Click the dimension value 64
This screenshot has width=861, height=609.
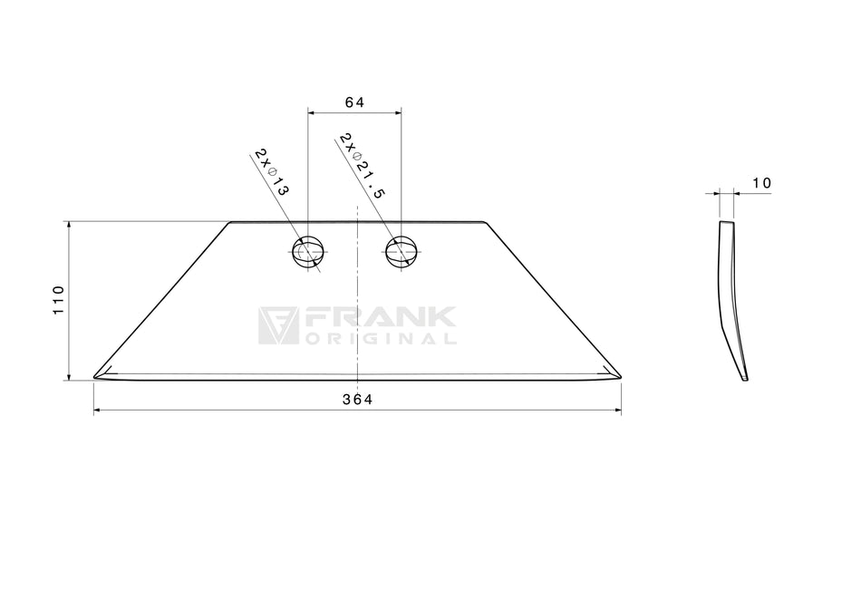pos(354,102)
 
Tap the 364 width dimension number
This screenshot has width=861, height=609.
pos(357,400)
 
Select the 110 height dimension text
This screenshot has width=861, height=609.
pos(59,300)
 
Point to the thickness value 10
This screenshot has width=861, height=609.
pos(761,183)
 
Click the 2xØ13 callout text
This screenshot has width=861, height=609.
pos(271,172)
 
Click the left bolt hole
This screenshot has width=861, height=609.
pos(307,252)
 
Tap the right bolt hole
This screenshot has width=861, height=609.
pos(401,252)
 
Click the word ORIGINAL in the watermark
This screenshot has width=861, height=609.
pos(381,339)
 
